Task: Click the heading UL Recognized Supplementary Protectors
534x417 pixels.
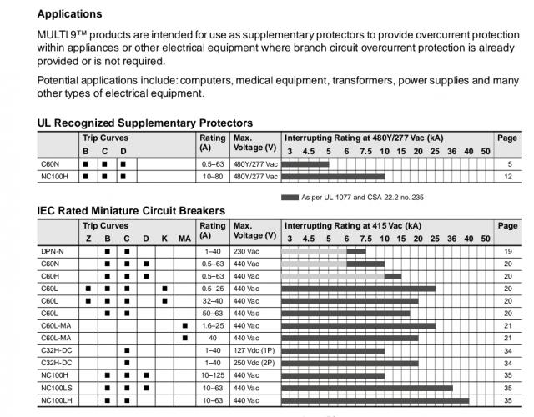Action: coord(145,123)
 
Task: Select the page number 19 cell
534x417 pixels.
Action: coord(508,251)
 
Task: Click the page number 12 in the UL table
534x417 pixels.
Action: coord(508,177)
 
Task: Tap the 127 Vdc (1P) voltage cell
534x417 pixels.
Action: coord(254,351)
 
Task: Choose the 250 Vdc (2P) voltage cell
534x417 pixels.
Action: coord(254,364)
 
